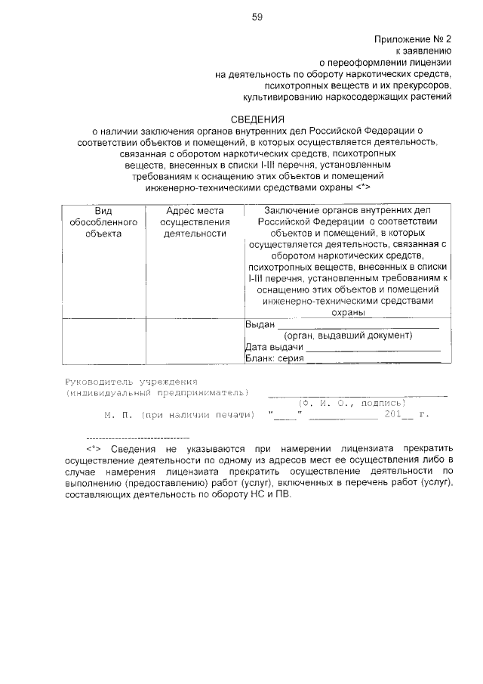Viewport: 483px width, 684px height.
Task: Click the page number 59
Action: click(257, 17)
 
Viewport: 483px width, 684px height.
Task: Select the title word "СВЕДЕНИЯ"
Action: click(257, 119)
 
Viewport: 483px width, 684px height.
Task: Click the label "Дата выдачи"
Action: click(274, 347)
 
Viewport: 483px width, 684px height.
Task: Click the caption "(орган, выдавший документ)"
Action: click(348, 336)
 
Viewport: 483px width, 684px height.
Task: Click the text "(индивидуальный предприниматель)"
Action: click(156, 393)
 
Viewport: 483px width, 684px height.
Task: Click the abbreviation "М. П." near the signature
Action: click(118, 415)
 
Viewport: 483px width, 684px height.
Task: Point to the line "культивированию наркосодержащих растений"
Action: click(347, 97)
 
